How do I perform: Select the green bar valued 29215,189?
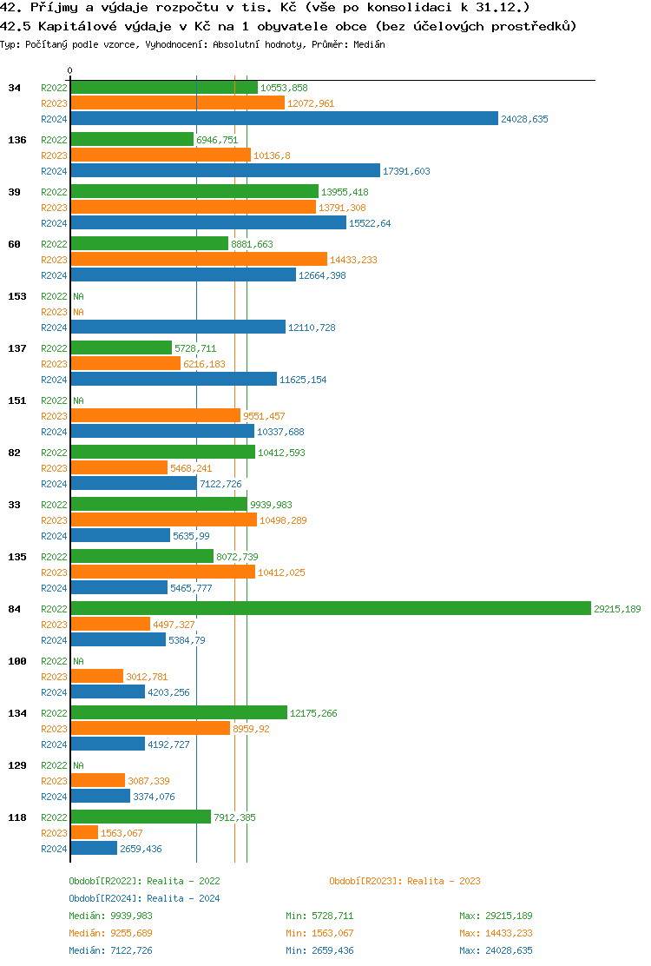[330, 609]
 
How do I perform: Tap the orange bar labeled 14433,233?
[199, 260]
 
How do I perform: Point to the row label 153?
[16, 296]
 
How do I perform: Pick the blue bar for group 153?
[178, 328]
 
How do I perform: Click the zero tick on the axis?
[70, 70]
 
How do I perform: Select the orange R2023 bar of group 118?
[84, 833]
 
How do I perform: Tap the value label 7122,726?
[220, 484]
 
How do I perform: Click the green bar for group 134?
[179, 713]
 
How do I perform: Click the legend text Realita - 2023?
[444, 881]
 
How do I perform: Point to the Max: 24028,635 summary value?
[496, 950]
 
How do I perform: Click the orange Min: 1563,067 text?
[319, 933]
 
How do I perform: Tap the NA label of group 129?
[78, 765]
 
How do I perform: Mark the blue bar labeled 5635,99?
[120, 536]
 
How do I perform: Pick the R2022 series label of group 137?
[54, 348]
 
